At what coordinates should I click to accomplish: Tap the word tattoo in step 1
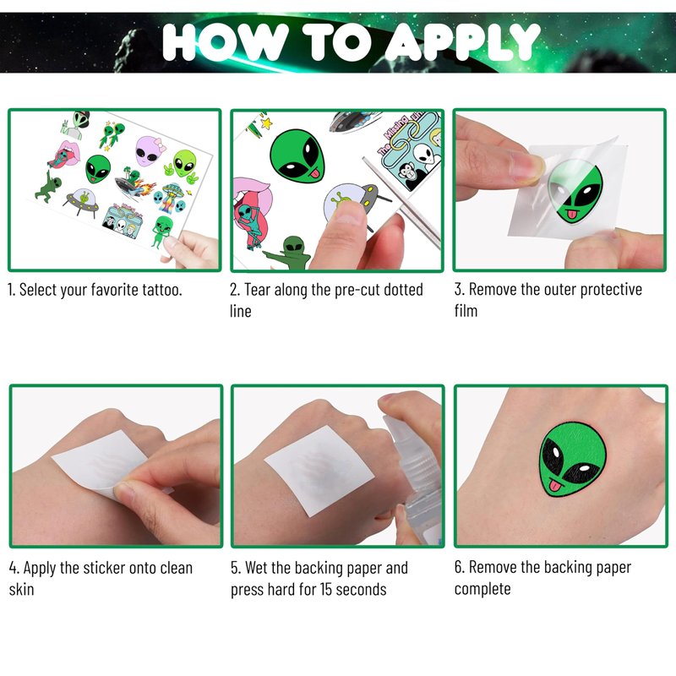(161, 290)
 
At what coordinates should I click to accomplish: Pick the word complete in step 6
(482, 589)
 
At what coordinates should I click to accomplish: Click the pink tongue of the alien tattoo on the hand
(555, 487)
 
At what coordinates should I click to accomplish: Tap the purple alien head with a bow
(150, 151)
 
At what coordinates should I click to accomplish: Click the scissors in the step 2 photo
(401, 202)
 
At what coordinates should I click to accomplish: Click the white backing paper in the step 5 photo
(319, 470)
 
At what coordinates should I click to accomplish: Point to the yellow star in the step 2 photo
(266, 123)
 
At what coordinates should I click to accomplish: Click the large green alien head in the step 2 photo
(297, 156)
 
